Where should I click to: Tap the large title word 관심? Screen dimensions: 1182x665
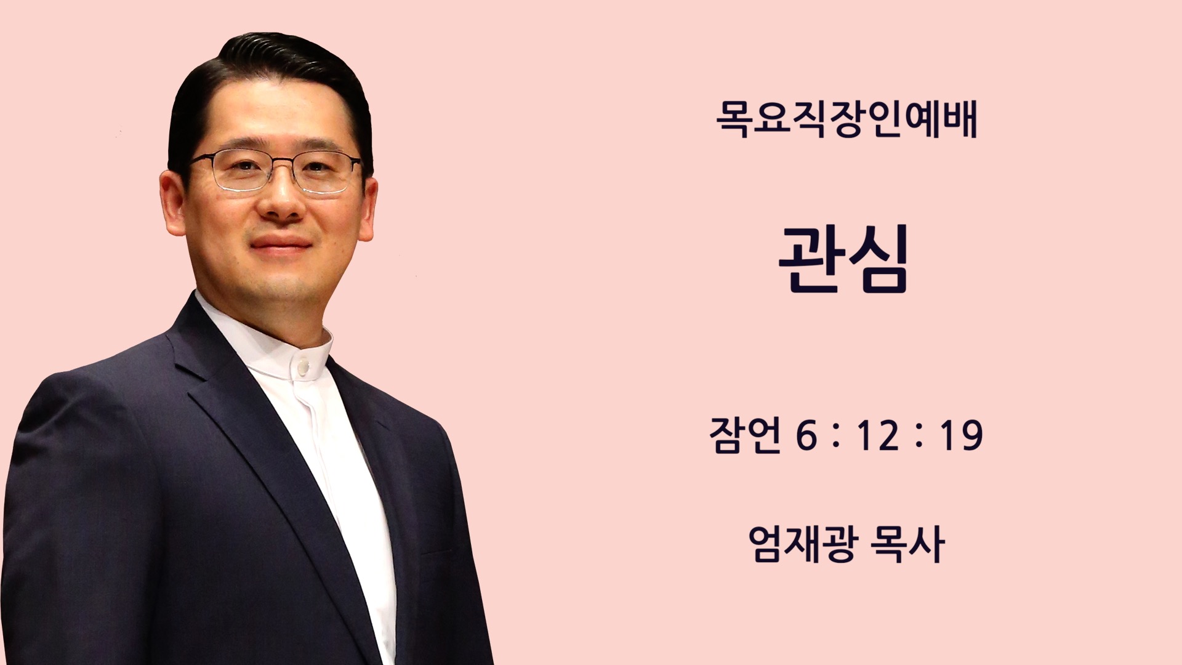[844, 259]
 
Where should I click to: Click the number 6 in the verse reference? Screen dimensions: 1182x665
[806, 436]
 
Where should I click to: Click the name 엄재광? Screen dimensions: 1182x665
[803, 544]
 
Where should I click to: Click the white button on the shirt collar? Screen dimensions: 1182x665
[303, 367]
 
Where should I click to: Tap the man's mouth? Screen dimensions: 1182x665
[281, 244]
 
